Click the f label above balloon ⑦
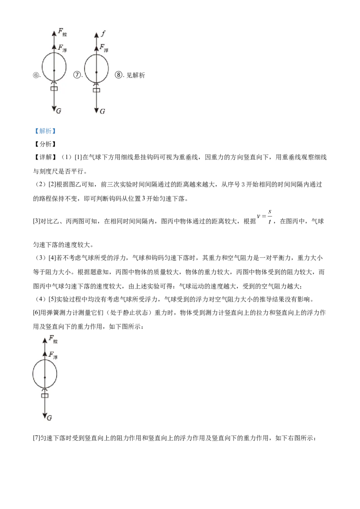click(x=103, y=33)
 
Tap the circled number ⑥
click(x=36, y=75)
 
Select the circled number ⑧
click(x=119, y=75)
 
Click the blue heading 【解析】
click(x=45, y=131)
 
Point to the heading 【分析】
click(x=45, y=144)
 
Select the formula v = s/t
click(x=265, y=217)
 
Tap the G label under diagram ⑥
click(x=58, y=111)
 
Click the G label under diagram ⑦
click(x=102, y=112)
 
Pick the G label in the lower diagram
click(x=49, y=418)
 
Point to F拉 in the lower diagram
click(x=53, y=339)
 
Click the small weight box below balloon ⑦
click(x=96, y=90)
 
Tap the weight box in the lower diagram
click(x=45, y=395)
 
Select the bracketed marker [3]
click(x=36, y=221)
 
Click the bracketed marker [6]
click(x=36, y=313)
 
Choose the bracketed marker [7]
click(x=36, y=438)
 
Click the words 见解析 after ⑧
click(x=136, y=75)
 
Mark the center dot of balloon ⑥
click(x=54, y=70)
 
